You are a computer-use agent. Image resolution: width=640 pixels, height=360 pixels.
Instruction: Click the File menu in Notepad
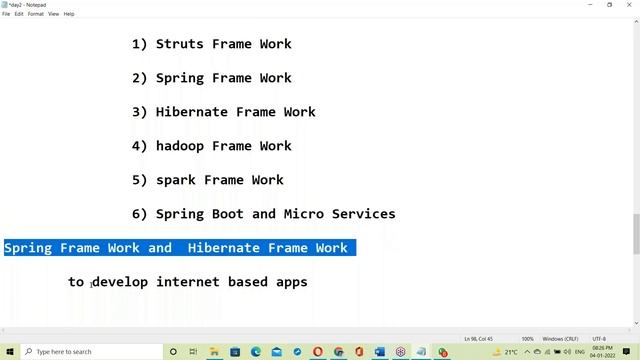coord(6,14)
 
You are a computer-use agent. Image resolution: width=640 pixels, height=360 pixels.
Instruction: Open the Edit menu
coord(19,14)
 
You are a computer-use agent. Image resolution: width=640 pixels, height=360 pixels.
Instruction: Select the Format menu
coord(35,14)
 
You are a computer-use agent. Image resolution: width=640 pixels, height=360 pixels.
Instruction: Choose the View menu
coord(53,14)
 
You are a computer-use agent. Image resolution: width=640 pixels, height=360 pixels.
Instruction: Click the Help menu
coord(69,14)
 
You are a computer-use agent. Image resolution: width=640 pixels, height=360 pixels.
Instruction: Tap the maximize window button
coord(610,4)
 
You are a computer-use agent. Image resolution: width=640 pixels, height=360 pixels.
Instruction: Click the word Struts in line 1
coord(179,44)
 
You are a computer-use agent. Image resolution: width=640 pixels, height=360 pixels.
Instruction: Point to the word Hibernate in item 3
coord(191,112)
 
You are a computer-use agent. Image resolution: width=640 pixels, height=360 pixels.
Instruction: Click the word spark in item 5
coord(175,180)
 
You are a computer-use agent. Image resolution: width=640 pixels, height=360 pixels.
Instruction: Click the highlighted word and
coord(159,248)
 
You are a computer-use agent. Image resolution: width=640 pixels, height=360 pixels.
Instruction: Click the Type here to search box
coord(90,352)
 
